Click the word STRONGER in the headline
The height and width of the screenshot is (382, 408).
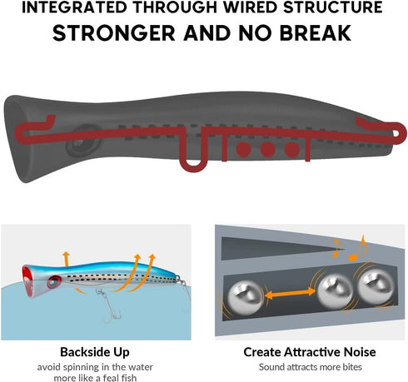click(114, 33)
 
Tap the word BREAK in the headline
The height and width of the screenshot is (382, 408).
click(316, 33)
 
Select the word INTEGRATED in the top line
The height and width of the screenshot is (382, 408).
click(74, 7)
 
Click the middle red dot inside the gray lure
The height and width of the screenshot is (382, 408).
click(267, 150)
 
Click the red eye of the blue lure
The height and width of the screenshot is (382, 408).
click(54, 282)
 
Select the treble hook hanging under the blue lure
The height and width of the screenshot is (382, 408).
click(110, 306)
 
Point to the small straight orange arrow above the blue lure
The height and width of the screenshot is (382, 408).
click(66, 259)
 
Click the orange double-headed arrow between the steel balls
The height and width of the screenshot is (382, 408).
click(291, 293)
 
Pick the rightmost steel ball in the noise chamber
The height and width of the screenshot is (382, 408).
click(376, 287)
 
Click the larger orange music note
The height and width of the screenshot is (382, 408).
click(357, 248)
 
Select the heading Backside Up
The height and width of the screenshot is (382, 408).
click(95, 352)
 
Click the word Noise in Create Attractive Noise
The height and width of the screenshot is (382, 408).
click(360, 352)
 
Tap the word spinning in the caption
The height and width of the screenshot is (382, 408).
click(81, 367)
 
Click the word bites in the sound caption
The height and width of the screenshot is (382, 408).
click(352, 367)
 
